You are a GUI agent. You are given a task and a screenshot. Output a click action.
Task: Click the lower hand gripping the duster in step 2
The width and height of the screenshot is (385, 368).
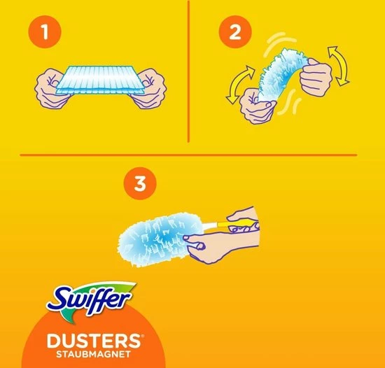tap(253, 105)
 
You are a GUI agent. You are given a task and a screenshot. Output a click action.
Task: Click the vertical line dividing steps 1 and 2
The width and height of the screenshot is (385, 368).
tap(190, 70)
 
